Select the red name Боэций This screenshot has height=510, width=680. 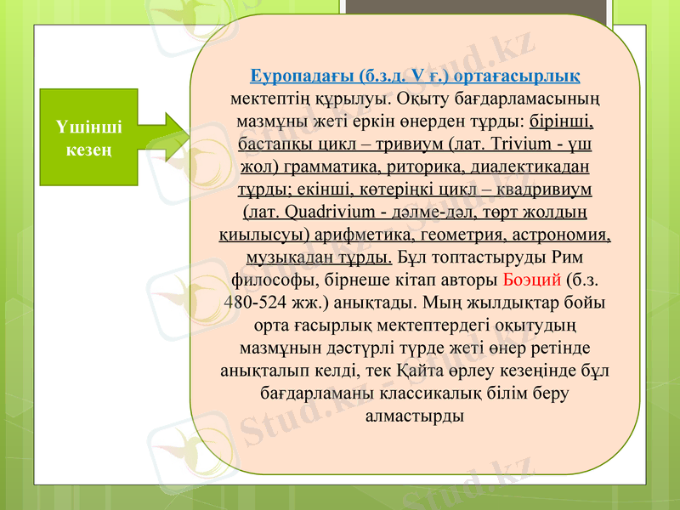(532, 279)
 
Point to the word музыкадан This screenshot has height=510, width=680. (286, 256)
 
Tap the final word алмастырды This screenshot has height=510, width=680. (414, 416)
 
